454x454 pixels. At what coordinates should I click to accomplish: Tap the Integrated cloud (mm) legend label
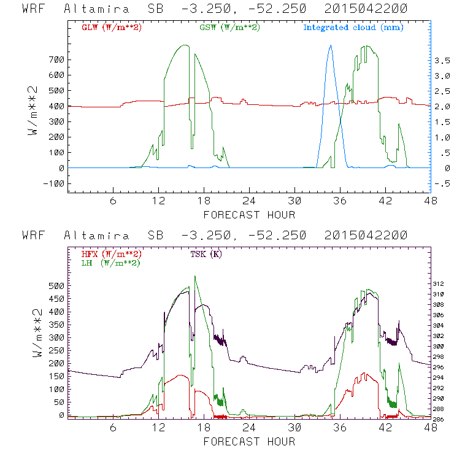point(353,28)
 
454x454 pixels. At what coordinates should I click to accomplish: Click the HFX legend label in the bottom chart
point(111,253)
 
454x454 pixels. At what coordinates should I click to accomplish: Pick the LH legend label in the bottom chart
point(111,263)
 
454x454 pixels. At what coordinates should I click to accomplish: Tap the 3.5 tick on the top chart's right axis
point(443,60)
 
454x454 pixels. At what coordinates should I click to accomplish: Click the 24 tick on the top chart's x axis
point(249,201)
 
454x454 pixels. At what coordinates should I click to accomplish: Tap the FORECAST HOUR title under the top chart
point(249,215)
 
